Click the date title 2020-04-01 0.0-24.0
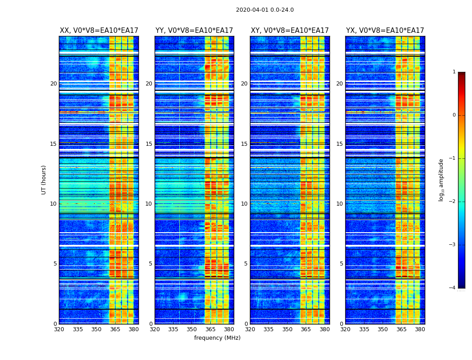tap(265, 10)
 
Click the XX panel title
tap(99, 31)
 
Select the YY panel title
tap(194, 31)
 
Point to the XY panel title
tap(290, 31)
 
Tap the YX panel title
tap(385, 31)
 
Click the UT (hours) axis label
tap(44, 180)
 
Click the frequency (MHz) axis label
tap(217, 338)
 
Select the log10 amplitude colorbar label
tap(441, 180)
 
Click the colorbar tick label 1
tap(454, 72)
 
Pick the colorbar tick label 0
tap(454, 115)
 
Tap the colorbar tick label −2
tap(453, 202)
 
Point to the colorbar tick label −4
tap(453, 288)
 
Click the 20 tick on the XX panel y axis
tap(53, 84)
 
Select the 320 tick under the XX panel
tap(59, 329)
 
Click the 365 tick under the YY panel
tap(210, 329)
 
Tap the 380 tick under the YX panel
tap(420, 329)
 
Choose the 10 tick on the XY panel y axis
tap(245, 204)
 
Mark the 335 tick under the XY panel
tap(268, 329)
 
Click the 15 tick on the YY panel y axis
tap(149, 144)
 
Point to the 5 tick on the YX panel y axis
tap(342, 264)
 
